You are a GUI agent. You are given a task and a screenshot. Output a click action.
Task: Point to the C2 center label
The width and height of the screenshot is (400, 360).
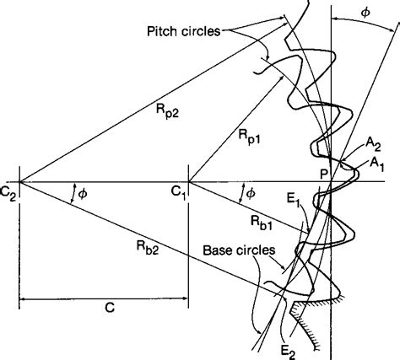(9, 169)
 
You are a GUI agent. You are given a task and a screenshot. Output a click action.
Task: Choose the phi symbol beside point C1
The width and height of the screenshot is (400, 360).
(250, 193)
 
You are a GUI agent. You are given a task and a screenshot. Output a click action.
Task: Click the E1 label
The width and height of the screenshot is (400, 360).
(292, 201)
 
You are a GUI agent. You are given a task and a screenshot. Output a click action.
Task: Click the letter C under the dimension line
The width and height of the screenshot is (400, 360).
(109, 309)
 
